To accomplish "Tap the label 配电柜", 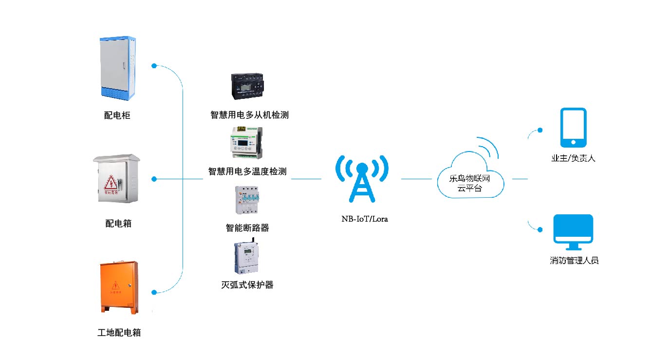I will (117, 115).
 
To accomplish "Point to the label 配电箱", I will (118, 224).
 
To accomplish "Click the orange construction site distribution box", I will (119, 287).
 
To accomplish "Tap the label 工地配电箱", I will (119, 333).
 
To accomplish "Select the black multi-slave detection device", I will (249, 88).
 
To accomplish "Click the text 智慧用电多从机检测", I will (249, 115).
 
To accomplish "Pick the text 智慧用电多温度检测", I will (247, 171).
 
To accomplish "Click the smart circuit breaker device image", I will (247, 200).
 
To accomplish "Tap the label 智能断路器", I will (247, 227).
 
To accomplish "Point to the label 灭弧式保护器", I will (247, 284).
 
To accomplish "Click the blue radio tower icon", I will (362, 179).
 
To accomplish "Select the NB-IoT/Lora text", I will (364, 219).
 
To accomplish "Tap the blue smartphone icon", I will (573, 127).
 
